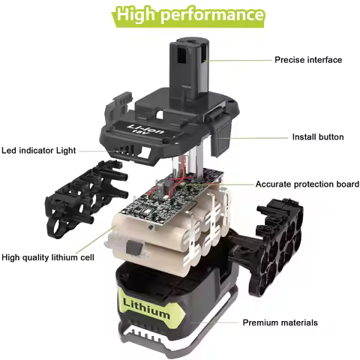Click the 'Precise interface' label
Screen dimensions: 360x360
coord(308,59)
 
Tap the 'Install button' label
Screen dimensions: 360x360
coord(317,137)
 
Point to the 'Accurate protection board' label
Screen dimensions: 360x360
coord(307,184)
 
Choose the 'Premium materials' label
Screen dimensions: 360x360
coord(280,322)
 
